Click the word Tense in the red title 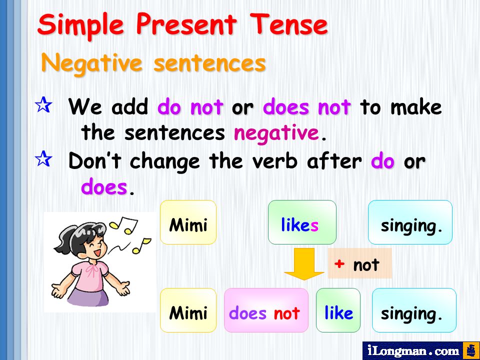pyautogui.click(x=288, y=24)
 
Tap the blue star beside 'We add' pyautogui.click(x=43, y=104)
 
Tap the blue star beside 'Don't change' pyautogui.click(x=43, y=158)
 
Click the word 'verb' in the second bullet pyautogui.click(x=274, y=160)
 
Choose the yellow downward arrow pyautogui.click(x=304, y=264)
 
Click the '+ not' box pyautogui.click(x=359, y=263)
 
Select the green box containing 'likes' pyautogui.click(x=302, y=222)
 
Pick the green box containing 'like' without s pyautogui.click(x=338, y=310)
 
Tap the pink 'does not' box pyautogui.click(x=266, y=310)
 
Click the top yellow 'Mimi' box pyautogui.click(x=188, y=222)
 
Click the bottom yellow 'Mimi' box pyautogui.click(x=188, y=310)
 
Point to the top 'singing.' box pyautogui.click(x=410, y=222)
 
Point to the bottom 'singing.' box pyautogui.click(x=414, y=310)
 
